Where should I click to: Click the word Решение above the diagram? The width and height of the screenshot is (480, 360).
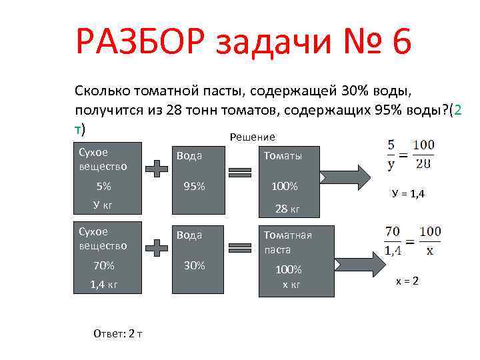[x=252, y=137]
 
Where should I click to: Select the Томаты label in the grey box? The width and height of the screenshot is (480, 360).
[x=283, y=155]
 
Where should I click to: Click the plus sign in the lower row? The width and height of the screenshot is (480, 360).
[x=157, y=249]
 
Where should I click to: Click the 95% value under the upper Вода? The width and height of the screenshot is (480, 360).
[x=195, y=187]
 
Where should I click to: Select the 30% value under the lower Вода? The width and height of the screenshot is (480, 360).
[x=194, y=265]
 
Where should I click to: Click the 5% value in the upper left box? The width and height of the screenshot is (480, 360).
[x=103, y=187]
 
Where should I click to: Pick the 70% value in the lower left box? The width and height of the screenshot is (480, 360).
[x=103, y=265]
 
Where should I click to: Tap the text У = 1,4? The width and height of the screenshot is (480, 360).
[x=408, y=194]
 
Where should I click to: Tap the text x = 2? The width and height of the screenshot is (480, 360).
[x=407, y=281]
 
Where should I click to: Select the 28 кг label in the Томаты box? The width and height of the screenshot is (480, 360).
[x=287, y=209]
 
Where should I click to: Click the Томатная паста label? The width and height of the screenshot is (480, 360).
[x=287, y=242]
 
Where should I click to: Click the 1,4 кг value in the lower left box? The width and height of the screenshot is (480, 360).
[x=104, y=285]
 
